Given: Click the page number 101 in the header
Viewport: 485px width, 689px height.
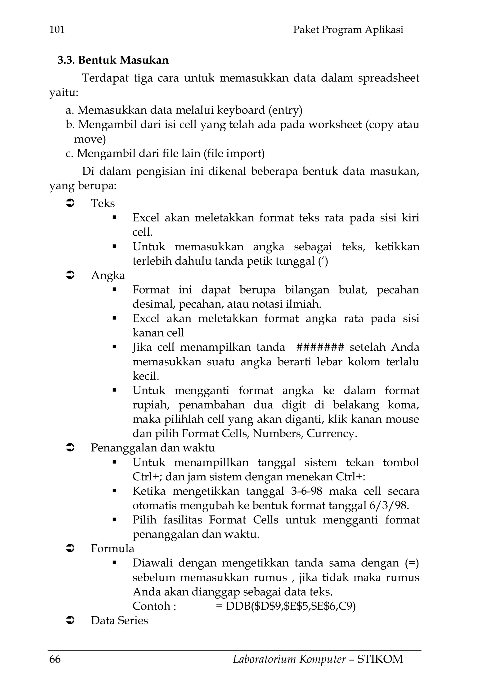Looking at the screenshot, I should click(57, 30).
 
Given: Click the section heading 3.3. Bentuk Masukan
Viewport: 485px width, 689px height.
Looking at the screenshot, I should click(113, 60).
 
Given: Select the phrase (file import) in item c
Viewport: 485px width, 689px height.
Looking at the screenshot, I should click(234, 154).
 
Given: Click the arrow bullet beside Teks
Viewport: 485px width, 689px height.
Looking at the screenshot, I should click(70, 203).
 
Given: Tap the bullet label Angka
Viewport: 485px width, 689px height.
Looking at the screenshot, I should click(108, 276).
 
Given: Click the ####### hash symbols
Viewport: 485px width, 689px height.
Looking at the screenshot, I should click(320, 347).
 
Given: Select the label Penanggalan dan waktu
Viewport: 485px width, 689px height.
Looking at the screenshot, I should click(153, 448).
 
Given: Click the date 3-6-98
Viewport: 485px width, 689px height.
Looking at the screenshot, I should click(306, 491).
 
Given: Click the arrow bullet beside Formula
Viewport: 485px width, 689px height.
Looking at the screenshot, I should click(70, 549).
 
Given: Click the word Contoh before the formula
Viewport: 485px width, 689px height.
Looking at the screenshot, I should click(151, 606).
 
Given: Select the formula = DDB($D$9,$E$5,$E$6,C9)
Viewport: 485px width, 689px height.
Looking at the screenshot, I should click(285, 606).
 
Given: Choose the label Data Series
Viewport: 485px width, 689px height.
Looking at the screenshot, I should click(119, 620).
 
